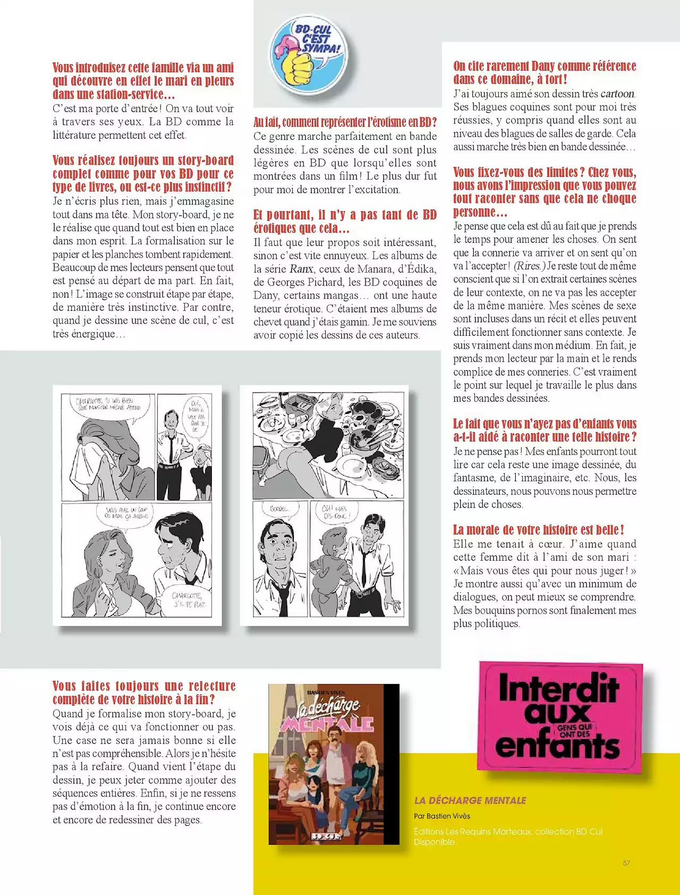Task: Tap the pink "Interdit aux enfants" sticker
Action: [560, 716]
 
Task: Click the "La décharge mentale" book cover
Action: [334, 764]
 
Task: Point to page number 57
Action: [626, 863]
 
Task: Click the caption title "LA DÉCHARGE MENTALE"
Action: [470, 800]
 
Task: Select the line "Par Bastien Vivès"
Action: [442, 816]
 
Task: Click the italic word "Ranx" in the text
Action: [301, 269]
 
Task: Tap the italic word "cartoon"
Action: [617, 94]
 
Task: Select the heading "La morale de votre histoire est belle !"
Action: [538, 530]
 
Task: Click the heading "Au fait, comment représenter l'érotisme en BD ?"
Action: [345, 122]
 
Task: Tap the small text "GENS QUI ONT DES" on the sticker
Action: [574, 731]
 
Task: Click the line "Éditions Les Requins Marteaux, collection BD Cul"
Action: [508, 831]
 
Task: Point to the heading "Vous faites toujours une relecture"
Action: [144, 686]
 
